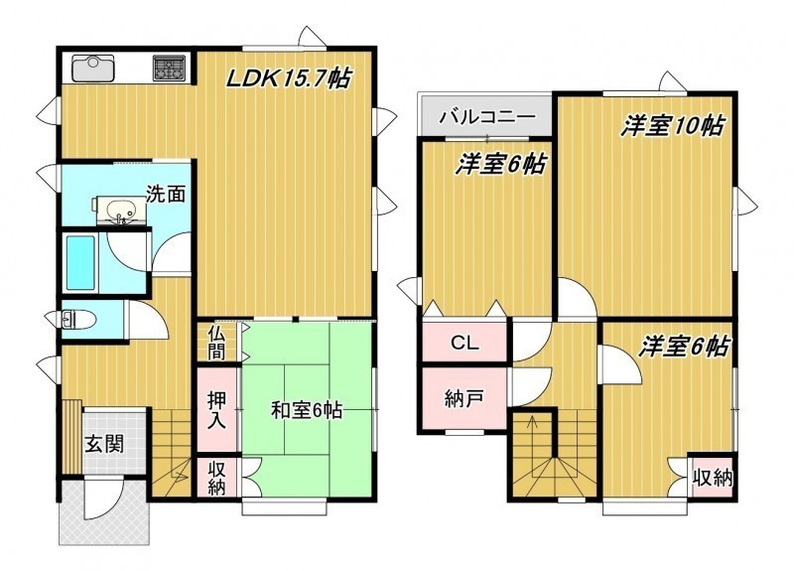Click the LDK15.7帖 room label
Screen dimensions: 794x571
pos(289,78)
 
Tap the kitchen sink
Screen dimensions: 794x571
pos(93,69)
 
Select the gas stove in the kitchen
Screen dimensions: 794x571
pos(170,69)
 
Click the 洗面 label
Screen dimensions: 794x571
pos(166,194)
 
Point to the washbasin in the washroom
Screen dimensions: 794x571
pos(120,211)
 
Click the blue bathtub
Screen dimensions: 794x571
pos(81,262)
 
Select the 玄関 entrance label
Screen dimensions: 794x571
pos(104,444)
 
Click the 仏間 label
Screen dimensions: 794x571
pos(216,342)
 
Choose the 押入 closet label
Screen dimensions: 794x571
pos(216,410)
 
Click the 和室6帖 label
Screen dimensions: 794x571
pos(307,410)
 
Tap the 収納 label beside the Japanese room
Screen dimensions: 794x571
pos(216,478)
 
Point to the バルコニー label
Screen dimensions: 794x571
pos(487,117)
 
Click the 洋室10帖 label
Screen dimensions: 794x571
pos(673,125)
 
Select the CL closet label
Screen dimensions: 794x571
pos(464,344)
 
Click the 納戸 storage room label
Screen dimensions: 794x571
pos(463,399)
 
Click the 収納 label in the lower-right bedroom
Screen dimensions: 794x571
pos(713,478)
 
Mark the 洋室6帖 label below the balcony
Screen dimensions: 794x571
pos(500,164)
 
